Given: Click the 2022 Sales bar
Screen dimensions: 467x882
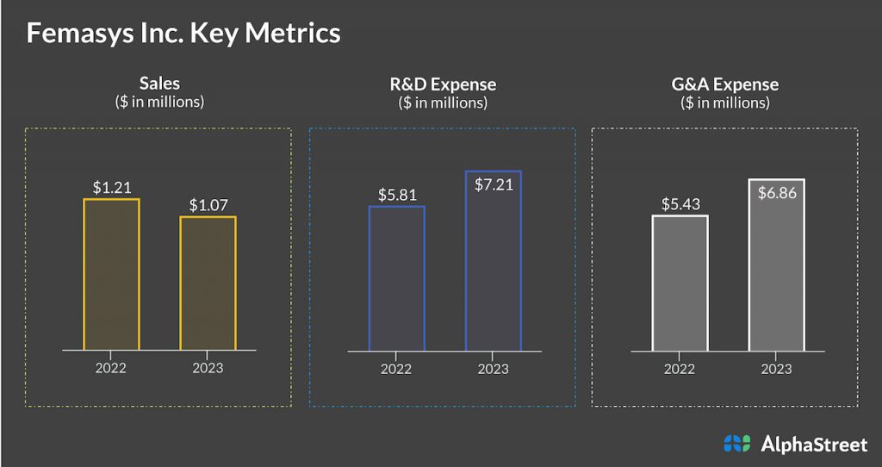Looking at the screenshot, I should pos(111,275).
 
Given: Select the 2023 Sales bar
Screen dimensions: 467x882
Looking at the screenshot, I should pos(208,283).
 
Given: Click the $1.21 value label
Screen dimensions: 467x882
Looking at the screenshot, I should pos(111,187).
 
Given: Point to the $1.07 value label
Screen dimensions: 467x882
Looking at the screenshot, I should pos(208,205).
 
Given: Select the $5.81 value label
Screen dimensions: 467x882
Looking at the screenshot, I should pos(396,195).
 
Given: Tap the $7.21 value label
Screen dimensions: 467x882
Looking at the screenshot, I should pos(493,184).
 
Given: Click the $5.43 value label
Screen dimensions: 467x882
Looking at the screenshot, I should pos(680,204).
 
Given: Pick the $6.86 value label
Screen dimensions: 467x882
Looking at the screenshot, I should pos(776,192).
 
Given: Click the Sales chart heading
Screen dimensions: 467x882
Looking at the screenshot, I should pos(159,84).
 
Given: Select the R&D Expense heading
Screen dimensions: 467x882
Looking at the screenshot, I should pos(443,84).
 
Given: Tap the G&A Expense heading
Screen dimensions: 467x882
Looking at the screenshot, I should pos(724,84).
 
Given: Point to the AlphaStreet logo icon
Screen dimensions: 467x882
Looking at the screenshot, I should pos(737,444).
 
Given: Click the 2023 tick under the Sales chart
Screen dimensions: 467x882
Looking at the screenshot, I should pos(208,368).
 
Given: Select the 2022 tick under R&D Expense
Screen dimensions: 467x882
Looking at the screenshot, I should pos(396,369).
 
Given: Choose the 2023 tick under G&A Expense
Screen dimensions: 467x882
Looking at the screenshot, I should pos(776,369).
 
